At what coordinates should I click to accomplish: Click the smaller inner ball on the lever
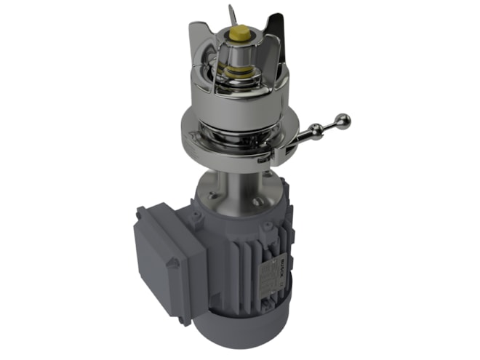tap(316, 130)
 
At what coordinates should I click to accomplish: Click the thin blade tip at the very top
tap(231, 13)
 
